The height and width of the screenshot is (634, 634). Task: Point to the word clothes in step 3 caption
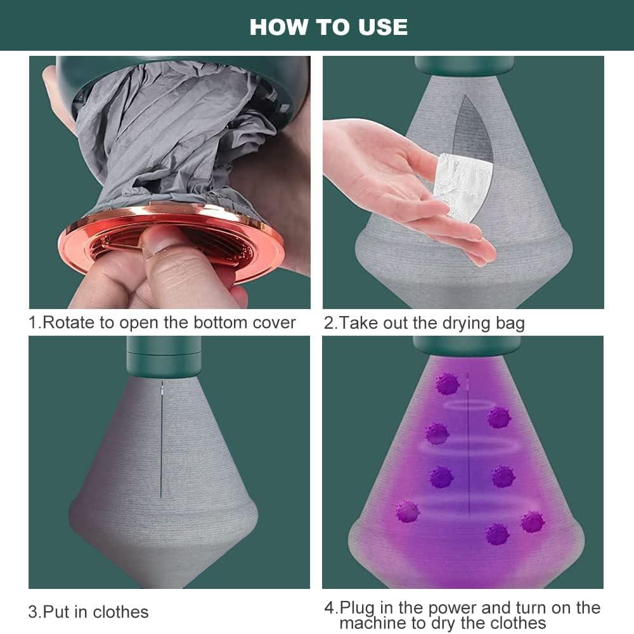pos(120,612)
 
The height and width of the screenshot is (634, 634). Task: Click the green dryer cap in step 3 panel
pos(164,357)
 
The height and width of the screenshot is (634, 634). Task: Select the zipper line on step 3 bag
pos(161,439)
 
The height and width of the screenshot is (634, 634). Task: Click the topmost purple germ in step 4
pos(447,384)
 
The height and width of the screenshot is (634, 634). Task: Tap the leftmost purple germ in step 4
pos(408,512)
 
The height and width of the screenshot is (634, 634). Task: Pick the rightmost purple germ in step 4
pos(533,522)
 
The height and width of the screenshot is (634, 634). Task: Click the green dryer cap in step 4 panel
pos(467,346)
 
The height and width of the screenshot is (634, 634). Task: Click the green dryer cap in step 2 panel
pos(464,65)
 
